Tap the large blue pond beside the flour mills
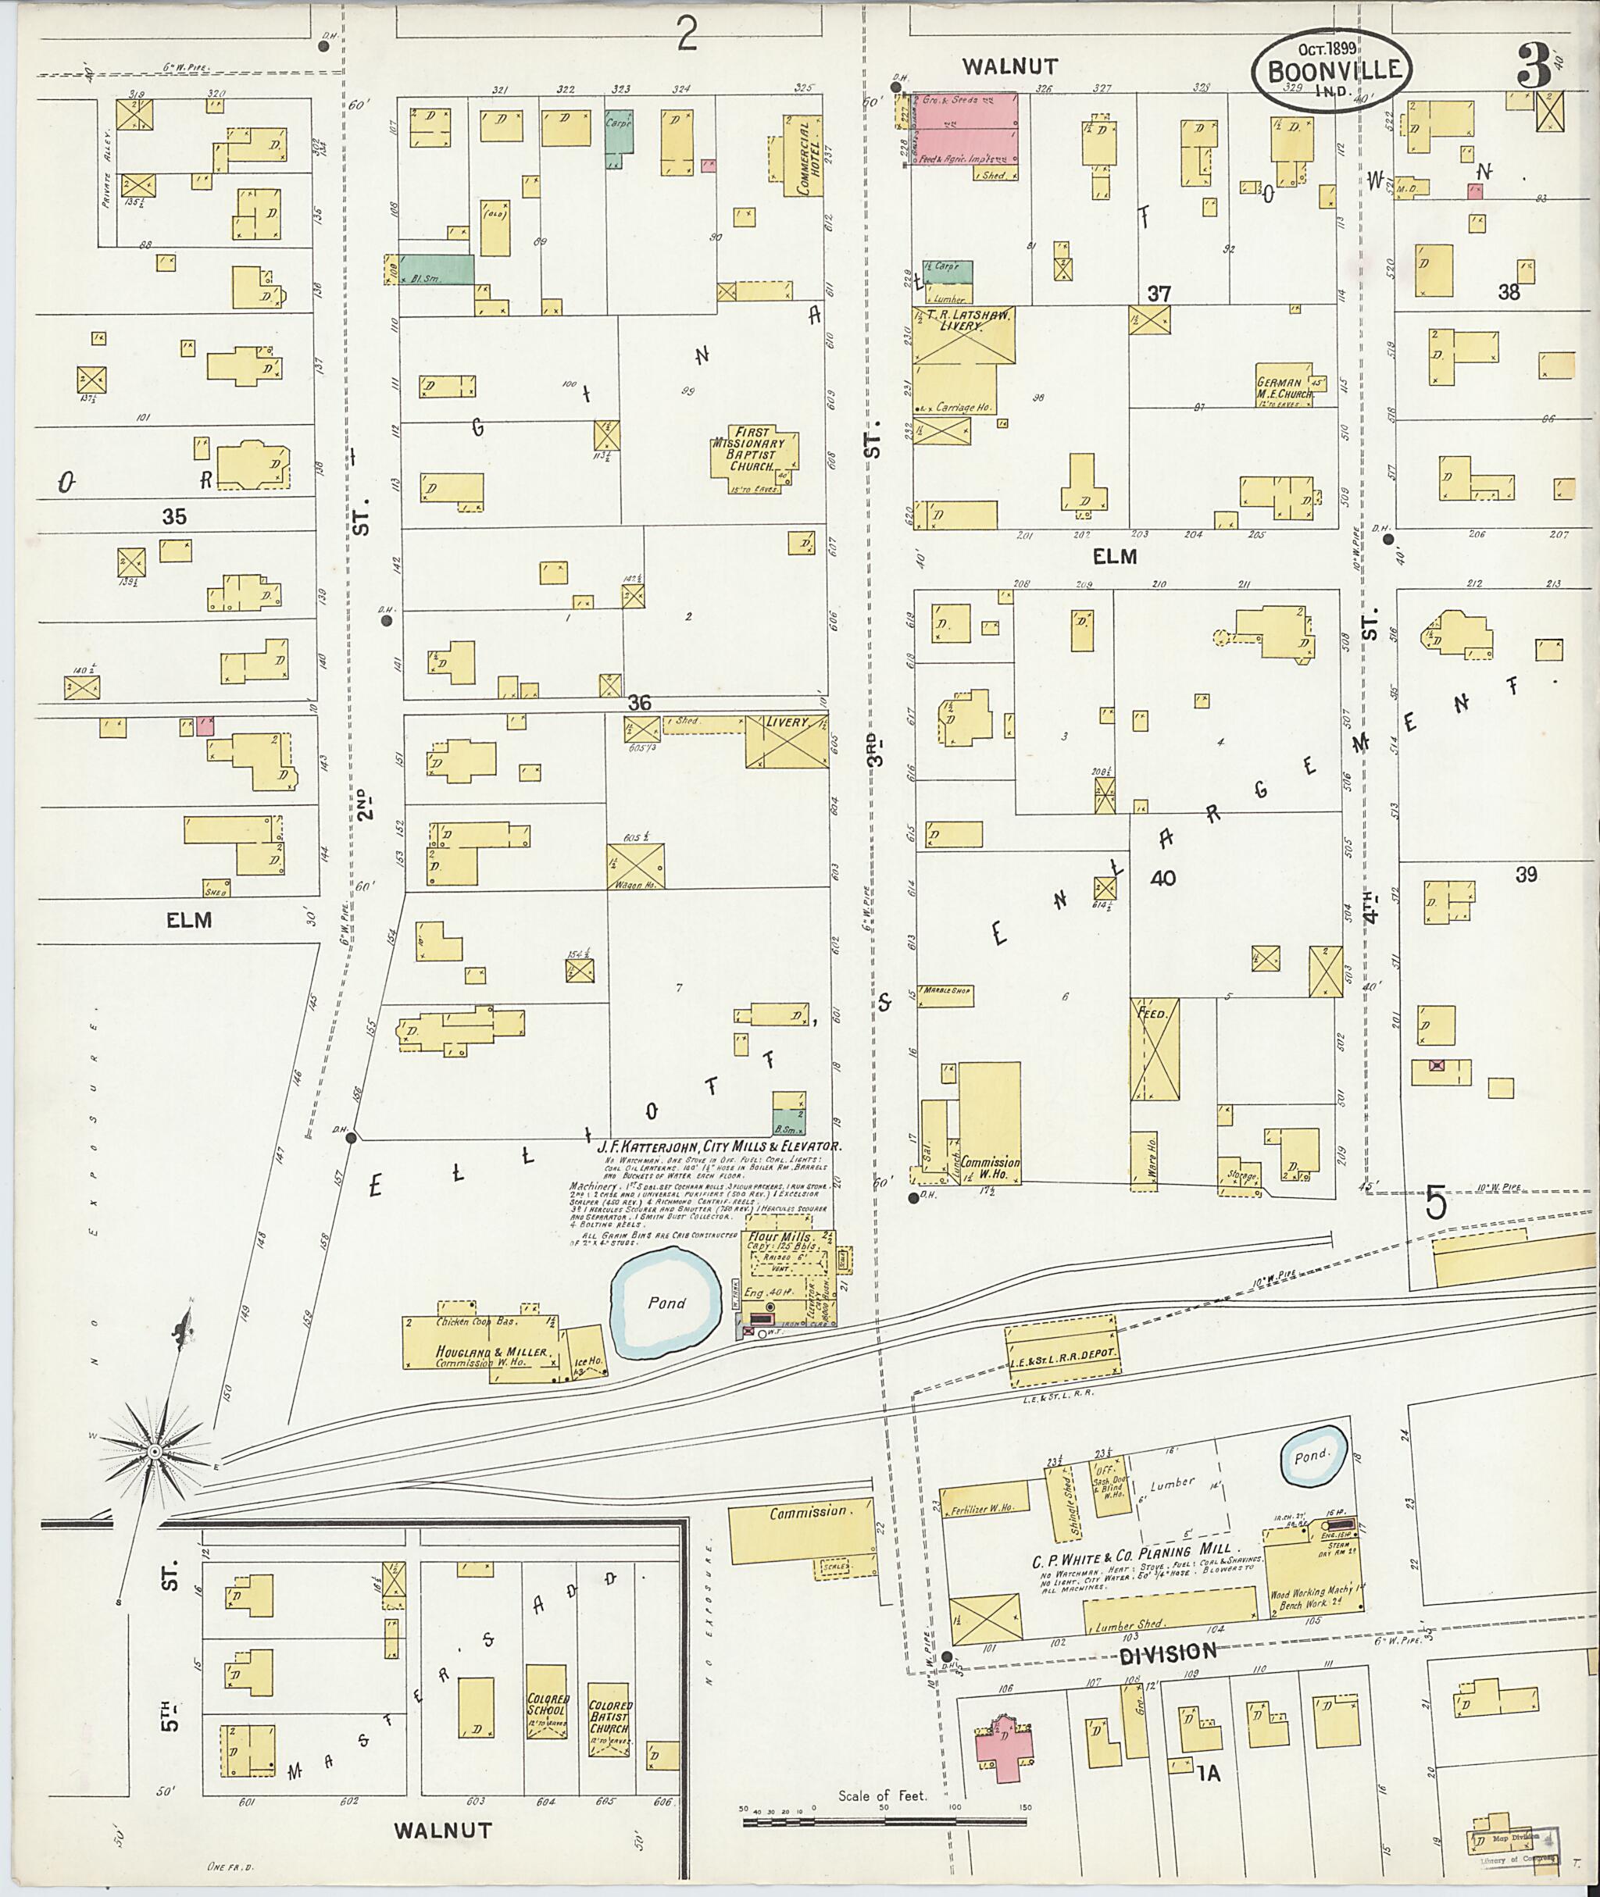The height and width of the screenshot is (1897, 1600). coord(666,1303)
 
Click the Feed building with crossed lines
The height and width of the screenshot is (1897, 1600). coord(1155,1048)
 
